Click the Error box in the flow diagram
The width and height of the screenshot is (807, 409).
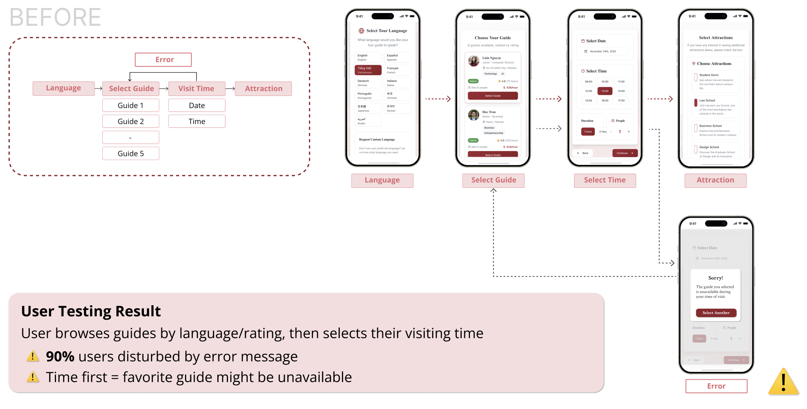point(163,60)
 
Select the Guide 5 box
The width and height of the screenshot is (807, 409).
point(131,153)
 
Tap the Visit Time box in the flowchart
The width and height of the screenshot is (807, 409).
point(197,89)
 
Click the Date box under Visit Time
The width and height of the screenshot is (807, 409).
point(197,106)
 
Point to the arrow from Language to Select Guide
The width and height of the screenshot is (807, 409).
point(98,89)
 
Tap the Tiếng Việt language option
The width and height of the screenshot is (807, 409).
point(368,70)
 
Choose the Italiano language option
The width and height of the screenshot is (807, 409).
point(397,83)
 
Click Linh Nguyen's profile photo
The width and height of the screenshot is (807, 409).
point(474,61)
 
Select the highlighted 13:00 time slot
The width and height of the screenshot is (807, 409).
point(605,91)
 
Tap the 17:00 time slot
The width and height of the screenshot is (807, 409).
point(621,101)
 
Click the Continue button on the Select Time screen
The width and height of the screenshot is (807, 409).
point(625,153)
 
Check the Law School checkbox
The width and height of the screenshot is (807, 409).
point(696,102)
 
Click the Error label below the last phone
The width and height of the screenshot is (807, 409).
point(716,386)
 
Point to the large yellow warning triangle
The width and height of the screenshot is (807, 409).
point(783,383)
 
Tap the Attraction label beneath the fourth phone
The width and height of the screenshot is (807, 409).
point(715,180)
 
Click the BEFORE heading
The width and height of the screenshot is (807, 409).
point(55,17)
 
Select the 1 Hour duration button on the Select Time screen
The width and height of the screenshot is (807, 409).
point(588,132)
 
